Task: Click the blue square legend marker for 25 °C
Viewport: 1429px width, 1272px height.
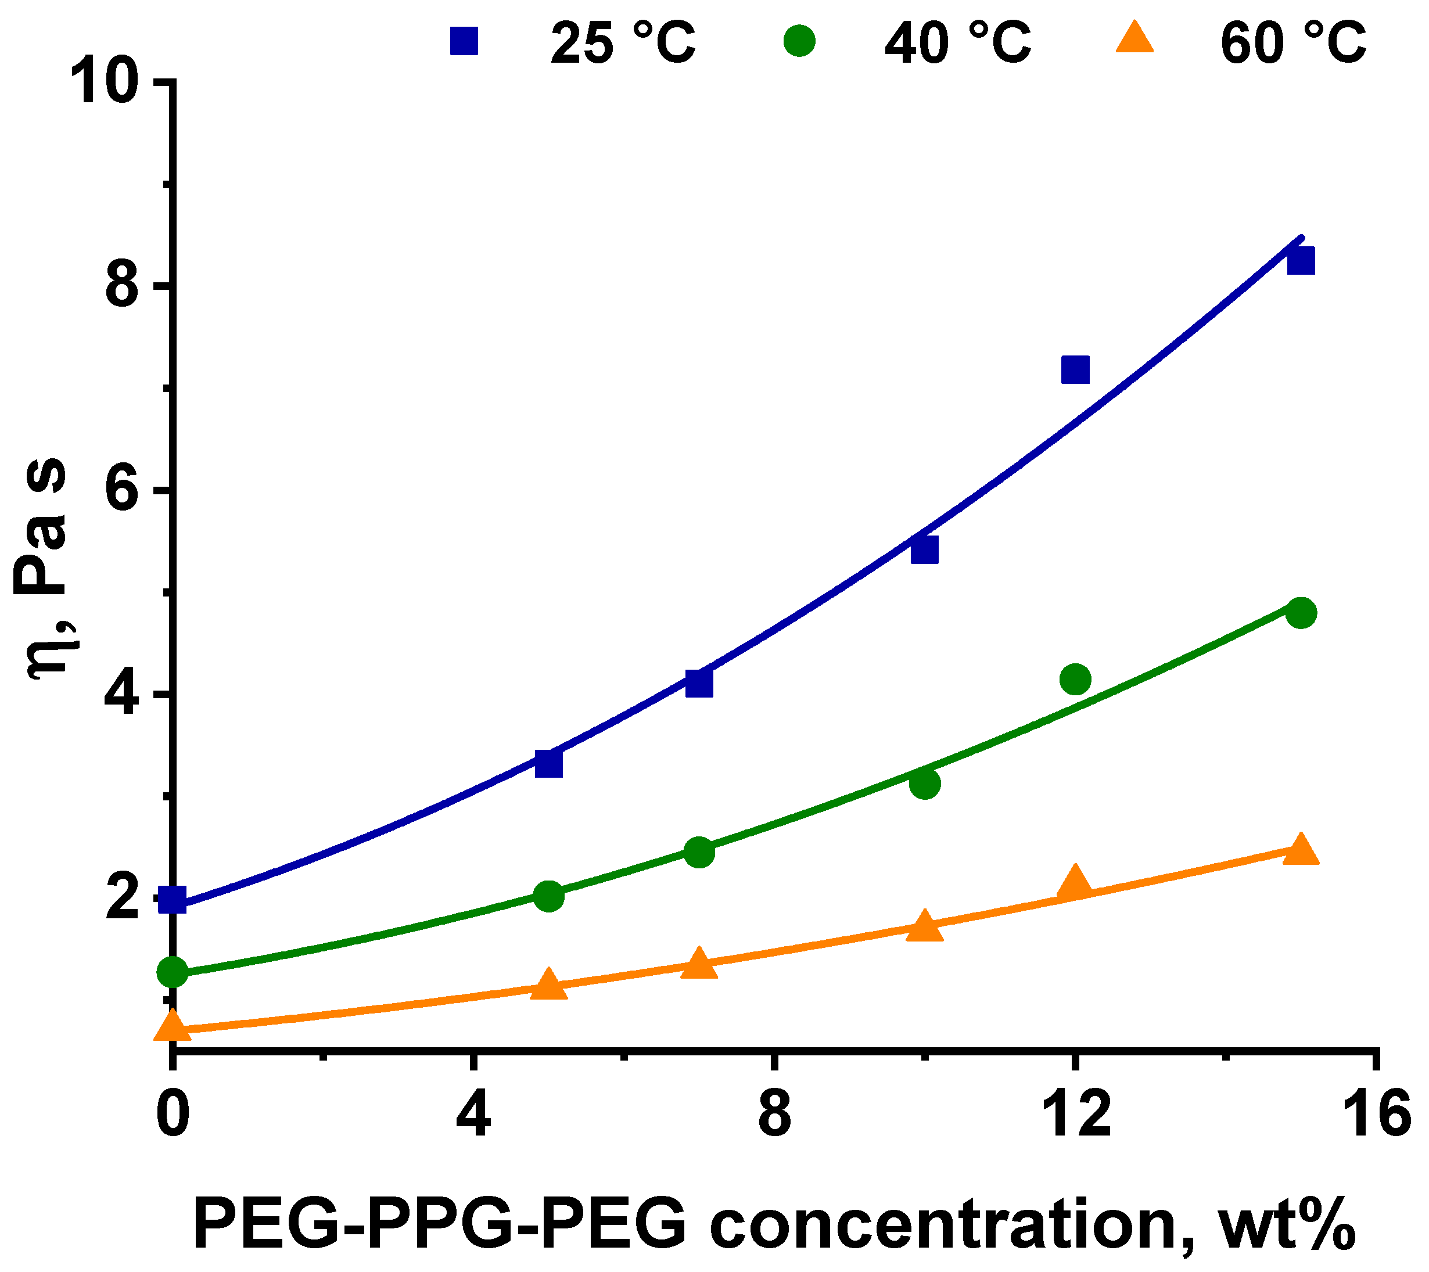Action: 464,41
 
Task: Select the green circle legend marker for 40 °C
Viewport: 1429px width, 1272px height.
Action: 799,41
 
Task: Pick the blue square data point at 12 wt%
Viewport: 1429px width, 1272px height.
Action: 1075,370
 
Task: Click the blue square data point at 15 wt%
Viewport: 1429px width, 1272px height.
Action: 1301,261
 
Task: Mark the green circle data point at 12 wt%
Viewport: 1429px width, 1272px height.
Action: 1075,678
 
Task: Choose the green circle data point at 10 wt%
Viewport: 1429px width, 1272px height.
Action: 925,784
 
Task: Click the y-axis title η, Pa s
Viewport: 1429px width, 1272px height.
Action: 48,566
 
